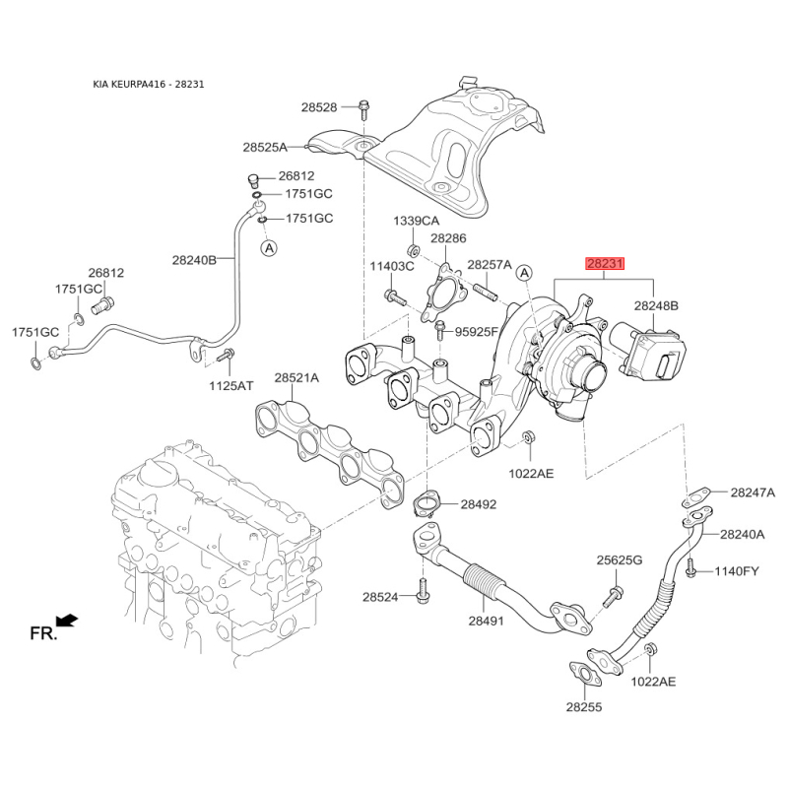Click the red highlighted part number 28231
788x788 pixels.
click(x=605, y=265)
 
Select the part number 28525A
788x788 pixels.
click(x=265, y=148)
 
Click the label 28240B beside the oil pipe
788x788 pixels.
click(x=193, y=260)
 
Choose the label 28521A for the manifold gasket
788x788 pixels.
click(x=295, y=377)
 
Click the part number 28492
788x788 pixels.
click(x=476, y=504)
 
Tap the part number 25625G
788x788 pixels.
click(x=619, y=560)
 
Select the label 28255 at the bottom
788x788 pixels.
click(x=585, y=706)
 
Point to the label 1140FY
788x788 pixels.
click(x=737, y=570)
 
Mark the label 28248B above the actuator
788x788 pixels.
click(x=655, y=306)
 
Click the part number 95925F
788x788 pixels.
click(x=476, y=333)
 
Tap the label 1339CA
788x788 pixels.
click(x=416, y=220)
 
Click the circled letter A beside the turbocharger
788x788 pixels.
click(x=524, y=272)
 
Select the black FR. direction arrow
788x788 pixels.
click(x=67, y=620)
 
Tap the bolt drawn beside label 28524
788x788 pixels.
click(x=424, y=593)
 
